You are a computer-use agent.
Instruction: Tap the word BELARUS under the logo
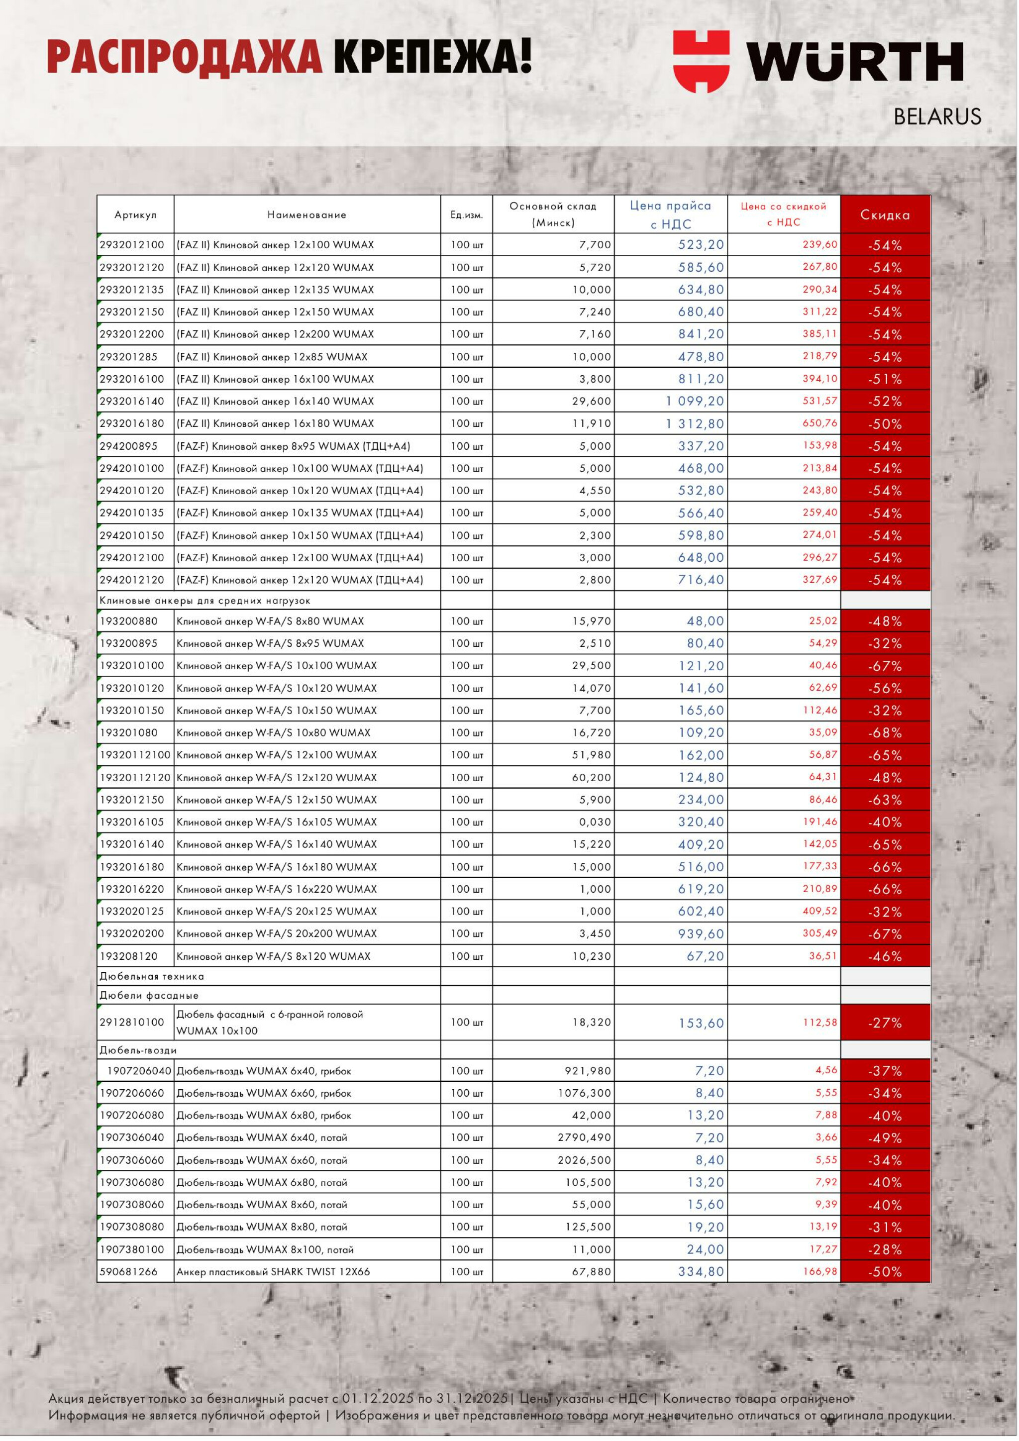point(937,117)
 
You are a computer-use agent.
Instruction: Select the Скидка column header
point(885,214)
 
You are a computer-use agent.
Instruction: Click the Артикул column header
point(135,214)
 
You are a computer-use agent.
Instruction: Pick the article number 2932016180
point(132,423)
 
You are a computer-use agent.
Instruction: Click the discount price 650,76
point(819,423)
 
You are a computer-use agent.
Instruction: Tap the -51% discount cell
point(885,379)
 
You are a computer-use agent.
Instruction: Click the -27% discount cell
point(885,1023)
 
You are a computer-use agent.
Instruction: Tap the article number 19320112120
point(135,778)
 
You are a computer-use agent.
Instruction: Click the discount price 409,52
point(819,911)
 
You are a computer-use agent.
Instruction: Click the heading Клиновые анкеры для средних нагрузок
point(205,601)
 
